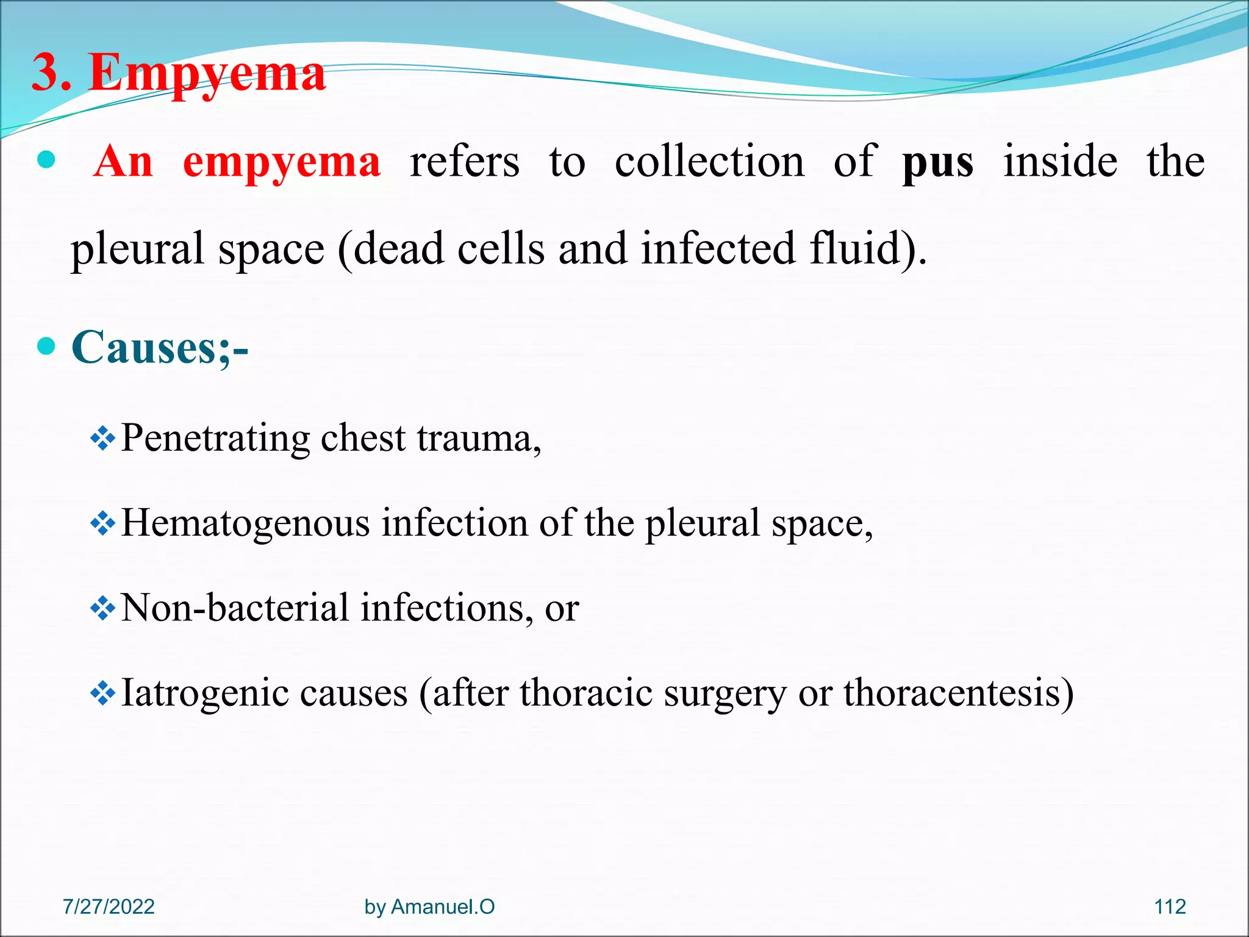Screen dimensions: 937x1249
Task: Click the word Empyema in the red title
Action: [207, 73]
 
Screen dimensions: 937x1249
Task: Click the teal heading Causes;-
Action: [160, 348]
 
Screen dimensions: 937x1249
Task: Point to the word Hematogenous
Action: [245, 523]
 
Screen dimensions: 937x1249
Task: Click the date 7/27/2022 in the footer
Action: [109, 906]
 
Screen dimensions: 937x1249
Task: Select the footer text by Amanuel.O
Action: [429, 906]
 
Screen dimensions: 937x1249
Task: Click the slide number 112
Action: [1170, 906]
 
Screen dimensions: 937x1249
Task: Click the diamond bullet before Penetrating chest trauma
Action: [102, 439]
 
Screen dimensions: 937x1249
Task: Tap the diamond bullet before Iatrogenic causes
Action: [102, 693]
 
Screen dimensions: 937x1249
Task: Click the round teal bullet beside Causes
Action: [46, 347]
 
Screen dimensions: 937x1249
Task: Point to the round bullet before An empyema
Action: [46, 161]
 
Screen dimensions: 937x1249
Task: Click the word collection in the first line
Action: [709, 162]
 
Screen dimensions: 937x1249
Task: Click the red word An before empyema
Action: [123, 162]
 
